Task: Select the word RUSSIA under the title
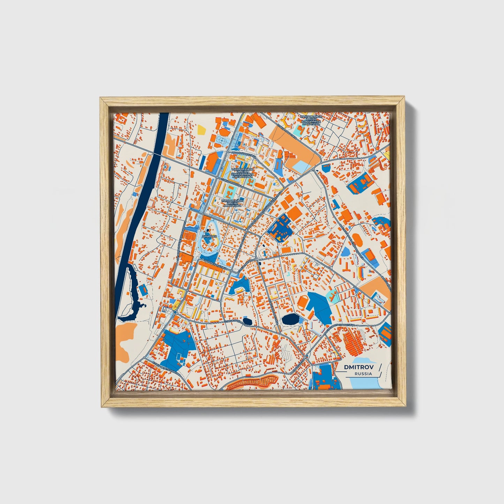coord(363,374)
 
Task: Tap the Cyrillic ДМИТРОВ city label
coord(210,236)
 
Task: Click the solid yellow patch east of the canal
coord(202,130)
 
